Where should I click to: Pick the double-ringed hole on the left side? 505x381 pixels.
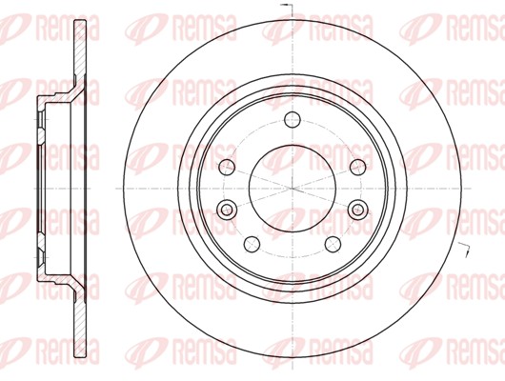click(x=228, y=210)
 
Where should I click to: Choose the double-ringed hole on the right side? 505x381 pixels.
click(x=358, y=210)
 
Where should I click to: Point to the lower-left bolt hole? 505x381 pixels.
click(x=253, y=245)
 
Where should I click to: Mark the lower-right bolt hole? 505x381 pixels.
click(x=333, y=245)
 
